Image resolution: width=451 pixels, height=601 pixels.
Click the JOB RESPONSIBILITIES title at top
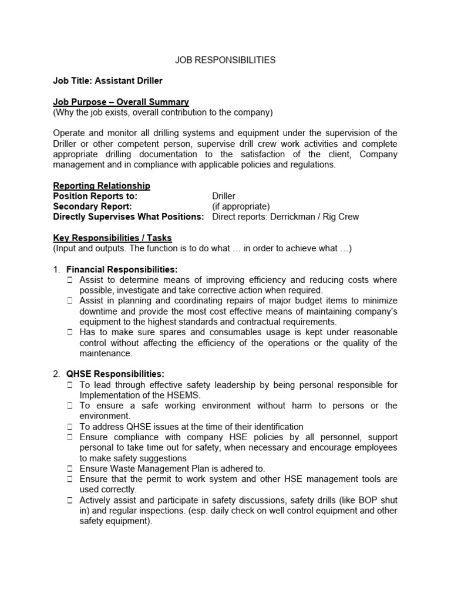click(225, 60)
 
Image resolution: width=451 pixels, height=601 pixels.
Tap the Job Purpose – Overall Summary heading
click(121, 102)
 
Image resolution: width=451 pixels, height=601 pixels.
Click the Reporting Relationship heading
click(102, 185)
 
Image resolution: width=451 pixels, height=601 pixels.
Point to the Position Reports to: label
click(95, 196)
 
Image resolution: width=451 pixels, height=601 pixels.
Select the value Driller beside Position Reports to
click(224, 196)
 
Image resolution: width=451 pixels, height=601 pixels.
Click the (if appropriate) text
click(241, 207)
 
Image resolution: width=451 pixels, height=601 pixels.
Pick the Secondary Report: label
click(92, 207)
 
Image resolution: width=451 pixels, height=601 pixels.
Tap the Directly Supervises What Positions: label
click(129, 217)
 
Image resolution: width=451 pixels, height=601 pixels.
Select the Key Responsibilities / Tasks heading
click(112, 238)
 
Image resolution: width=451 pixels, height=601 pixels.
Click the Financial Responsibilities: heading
click(122, 269)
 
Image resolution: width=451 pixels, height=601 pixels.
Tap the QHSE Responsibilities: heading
click(115, 374)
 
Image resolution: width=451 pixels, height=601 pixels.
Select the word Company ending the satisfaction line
click(378, 154)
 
